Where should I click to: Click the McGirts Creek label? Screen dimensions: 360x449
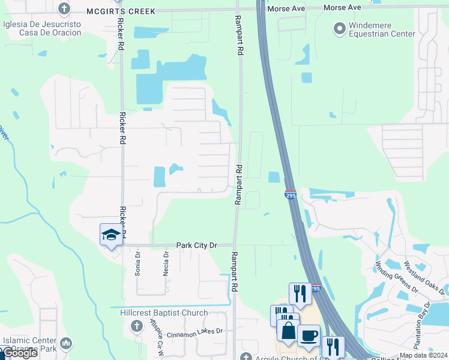pyautogui.click(x=120, y=11)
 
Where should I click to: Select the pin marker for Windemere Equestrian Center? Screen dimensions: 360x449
pyautogui.click(x=339, y=28)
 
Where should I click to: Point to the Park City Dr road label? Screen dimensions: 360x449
pyautogui.click(x=196, y=245)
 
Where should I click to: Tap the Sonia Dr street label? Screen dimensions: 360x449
pyautogui.click(x=137, y=262)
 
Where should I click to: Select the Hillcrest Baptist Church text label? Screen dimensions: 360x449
pyautogui.click(x=160, y=313)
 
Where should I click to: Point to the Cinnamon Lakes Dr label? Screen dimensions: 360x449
pyautogui.click(x=194, y=331)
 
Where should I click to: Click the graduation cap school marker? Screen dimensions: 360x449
pyautogui.click(x=110, y=235)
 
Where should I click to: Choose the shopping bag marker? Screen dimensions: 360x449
pyautogui.click(x=288, y=331)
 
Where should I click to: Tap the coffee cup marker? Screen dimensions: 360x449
pyautogui.click(x=309, y=336)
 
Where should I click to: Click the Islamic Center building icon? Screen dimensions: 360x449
pyautogui.click(x=66, y=343)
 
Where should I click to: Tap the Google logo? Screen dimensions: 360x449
pyautogui.click(x=19, y=353)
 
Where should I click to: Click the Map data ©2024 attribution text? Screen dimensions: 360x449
pyautogui.click(x=423, y=355)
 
